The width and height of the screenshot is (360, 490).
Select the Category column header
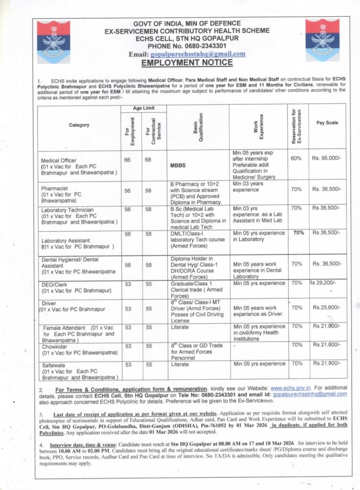pos(79,125)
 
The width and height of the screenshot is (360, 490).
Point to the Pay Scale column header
pos(327,123)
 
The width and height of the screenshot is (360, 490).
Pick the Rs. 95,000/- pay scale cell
pos(327,157)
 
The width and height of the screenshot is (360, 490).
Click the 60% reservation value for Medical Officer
pos(296,157)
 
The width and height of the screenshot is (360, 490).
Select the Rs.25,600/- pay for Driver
pos(327,307)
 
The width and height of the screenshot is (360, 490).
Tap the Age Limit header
pos(143,109)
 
